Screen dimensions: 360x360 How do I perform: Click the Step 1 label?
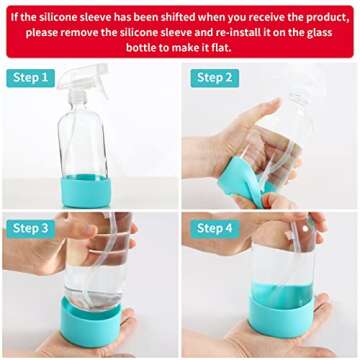tap(32, 78)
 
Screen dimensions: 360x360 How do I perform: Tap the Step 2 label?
tap(213, 78)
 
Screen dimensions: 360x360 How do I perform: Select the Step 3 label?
tap(32, 229)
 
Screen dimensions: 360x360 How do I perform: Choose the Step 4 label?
tap(213, 229)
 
